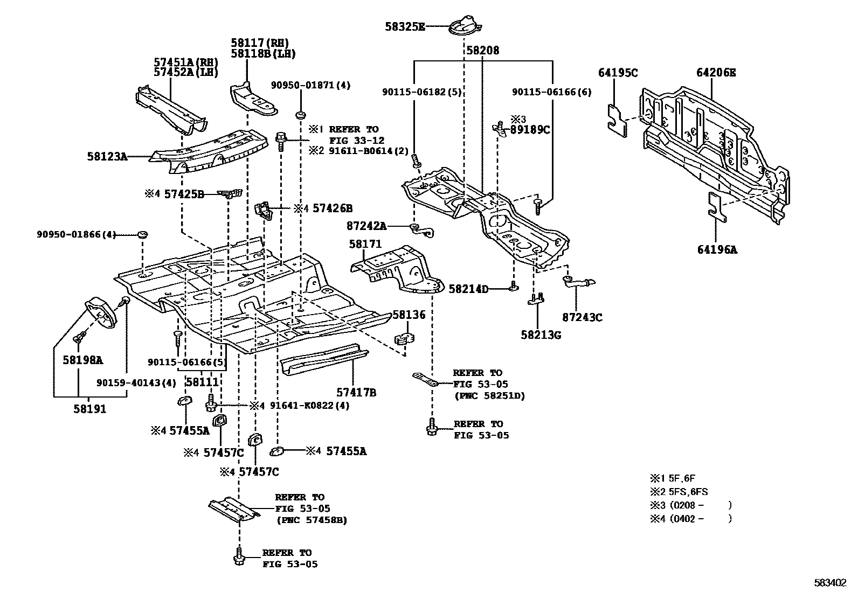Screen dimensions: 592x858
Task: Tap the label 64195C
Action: [618, 72]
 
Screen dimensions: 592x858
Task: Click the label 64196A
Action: [717, 249]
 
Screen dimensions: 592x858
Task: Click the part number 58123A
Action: [107, 157]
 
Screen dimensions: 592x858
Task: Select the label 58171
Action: [364, 245]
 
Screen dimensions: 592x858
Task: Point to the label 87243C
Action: [582, 317]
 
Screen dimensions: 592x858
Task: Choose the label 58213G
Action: [541, 335]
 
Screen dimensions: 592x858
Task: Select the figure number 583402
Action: [830, 582]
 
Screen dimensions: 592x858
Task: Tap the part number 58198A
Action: [82, 360]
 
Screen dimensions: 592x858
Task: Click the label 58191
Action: [90, 409]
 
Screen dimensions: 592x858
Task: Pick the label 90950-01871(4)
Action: [310, 85]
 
